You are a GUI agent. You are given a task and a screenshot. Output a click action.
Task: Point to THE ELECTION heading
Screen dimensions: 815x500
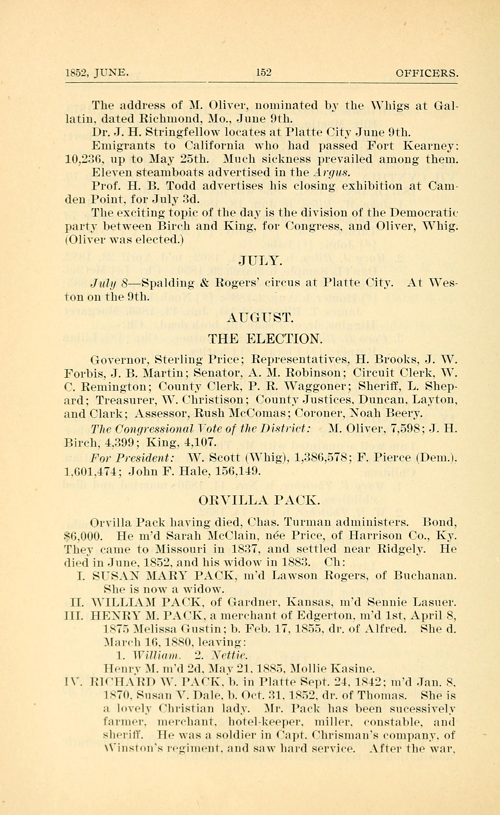pos(265,339)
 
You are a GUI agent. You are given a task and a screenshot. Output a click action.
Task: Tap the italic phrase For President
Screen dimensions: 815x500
pos(132,458)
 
